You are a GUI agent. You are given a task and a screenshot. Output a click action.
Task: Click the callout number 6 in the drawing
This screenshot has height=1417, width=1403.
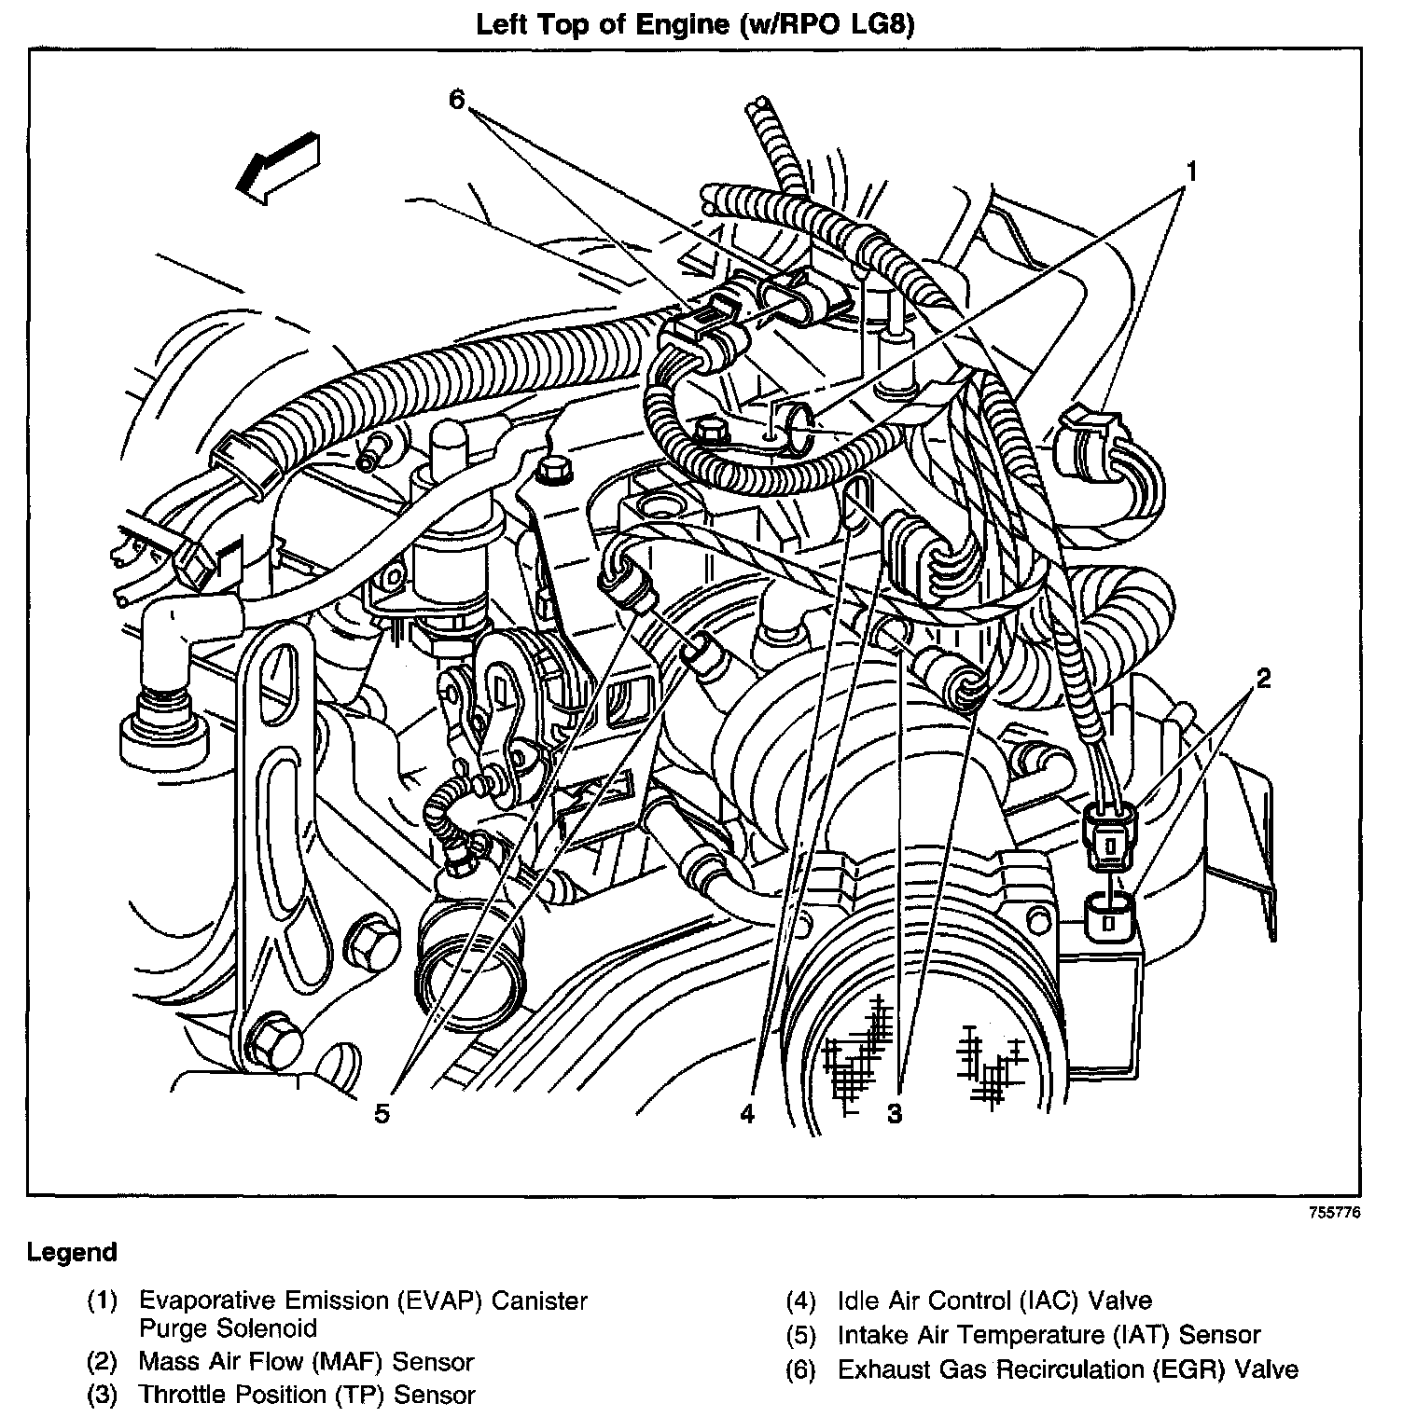click(x=456, y=99)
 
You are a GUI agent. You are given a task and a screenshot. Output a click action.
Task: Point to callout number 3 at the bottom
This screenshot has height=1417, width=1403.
click(x=895, y=1113)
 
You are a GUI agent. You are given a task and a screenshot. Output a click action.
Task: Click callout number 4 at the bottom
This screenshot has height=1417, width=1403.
click(x=747, y=1113)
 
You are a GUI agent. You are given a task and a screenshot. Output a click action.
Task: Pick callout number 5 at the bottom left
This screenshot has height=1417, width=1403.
click(x=382, y=1113)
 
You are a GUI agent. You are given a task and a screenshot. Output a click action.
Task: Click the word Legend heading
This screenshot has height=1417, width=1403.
click(x=72, y=1252)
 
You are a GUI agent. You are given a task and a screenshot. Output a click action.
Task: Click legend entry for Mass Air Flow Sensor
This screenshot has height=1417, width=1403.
click(x=306, y=1362)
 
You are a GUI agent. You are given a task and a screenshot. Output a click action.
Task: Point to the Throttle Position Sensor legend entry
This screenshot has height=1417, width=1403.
click(x=307, y=1396)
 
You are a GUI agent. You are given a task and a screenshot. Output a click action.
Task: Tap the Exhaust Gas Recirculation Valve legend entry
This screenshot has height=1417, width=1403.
click(x=1067, y=1369)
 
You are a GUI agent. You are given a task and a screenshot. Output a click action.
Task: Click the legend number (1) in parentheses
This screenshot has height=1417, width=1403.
click(x=102, y=1300)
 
